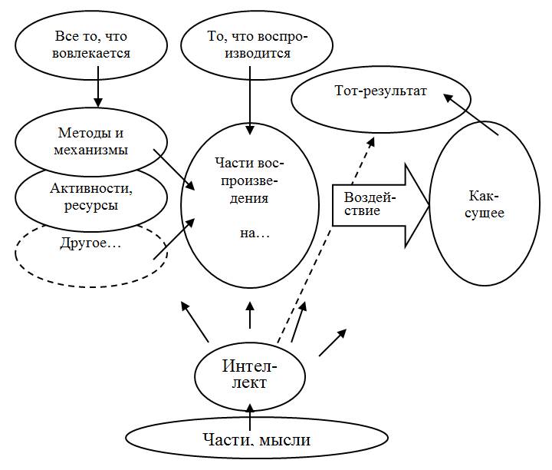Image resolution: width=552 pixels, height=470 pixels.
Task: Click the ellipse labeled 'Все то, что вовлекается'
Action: pyautogui.click(x=93, y=45)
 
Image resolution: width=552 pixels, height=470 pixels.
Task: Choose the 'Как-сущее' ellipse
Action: pyautogui.click(x=485, y=203)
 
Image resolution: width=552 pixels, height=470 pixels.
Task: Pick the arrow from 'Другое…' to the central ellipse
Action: pyautogui.click(x=176, y=236)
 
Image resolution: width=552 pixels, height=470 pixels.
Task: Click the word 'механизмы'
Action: pyautogui.click(x=93, y=149)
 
